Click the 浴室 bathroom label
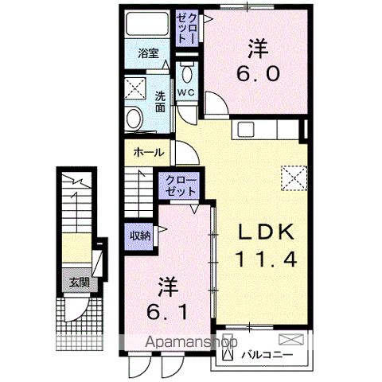coord(148,53)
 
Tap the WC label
coord(185,93)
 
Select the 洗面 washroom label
coord(159,101)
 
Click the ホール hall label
coord(149,151)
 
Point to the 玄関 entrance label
coord(77,282)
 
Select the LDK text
coord(267,231)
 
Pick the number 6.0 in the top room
coord(256,74)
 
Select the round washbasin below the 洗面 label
coord(134,120)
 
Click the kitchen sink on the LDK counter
coord(244,129)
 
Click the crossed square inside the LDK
coord(294,177)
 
